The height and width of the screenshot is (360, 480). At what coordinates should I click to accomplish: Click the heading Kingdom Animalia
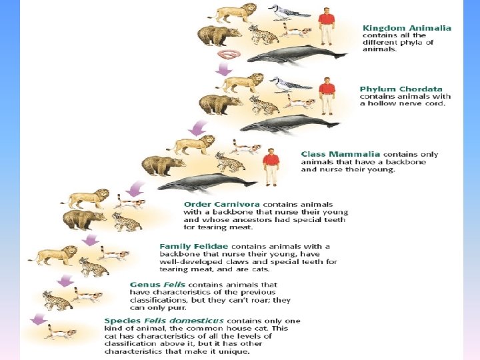click(x=407, y=28)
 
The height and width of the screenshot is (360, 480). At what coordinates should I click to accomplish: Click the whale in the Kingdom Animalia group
click(x=297, y=55)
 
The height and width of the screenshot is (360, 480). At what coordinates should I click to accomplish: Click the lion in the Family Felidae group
click(x=53, y=255)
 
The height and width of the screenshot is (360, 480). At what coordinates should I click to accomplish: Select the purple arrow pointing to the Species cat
click(x=39, y=319)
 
